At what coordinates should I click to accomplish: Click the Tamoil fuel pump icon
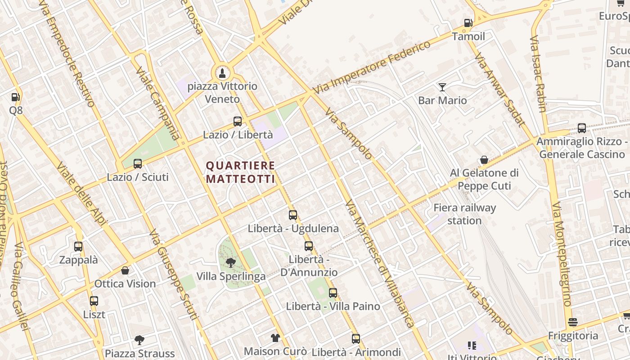[x=468, y=23]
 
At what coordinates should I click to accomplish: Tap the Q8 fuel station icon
[x=15, y=97]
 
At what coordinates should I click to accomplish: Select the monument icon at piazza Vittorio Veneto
[x=222, y=72]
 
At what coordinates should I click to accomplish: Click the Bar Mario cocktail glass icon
[x=442, y=87]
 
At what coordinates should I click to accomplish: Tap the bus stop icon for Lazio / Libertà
[x=238, y=121]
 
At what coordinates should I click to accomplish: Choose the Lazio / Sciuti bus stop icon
[x=138, y=164]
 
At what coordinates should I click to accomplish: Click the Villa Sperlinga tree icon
[x=231, y=262]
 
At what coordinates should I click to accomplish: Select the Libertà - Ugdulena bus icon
[x=293, y=215]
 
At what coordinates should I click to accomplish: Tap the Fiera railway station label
[x=464, y=214]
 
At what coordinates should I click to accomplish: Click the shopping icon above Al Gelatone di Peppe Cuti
[x=484, y=160]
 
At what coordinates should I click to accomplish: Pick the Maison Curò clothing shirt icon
[x=275, y=337]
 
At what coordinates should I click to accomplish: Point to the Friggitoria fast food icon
[x=573, y=322]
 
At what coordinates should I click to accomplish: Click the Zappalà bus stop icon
[x=78, y=247]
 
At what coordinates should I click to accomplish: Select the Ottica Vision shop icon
[x=125, y=270]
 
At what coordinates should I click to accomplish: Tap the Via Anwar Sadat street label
[x=499, y=90]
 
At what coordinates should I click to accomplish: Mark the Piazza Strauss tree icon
[x=139, y=340]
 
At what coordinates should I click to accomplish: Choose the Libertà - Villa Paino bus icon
[x=333, y=293]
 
